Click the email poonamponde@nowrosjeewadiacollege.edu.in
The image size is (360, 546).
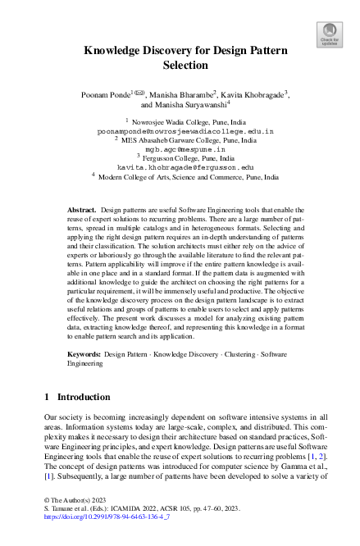[x=185, y=130]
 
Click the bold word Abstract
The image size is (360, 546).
[x=81, y=211]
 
